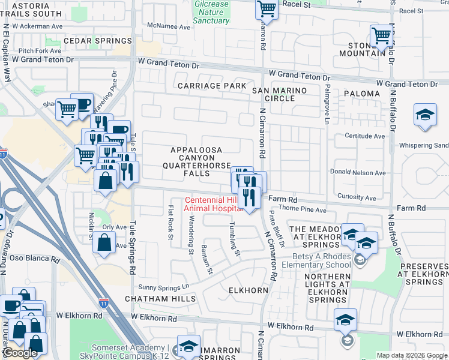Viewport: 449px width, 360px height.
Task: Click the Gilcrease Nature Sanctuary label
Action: pyautogui.click(x=212, y=12)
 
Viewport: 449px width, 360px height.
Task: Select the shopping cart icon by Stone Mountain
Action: pyautogui.click(x=381, y=36)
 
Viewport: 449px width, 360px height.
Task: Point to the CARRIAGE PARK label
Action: pyautogui.click(x=212, y=86)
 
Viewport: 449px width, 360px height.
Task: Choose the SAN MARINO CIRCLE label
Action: pyautogui.click(x=279, y=94)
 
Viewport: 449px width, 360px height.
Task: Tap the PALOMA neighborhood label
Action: pyautogui.click(x=362, y=94)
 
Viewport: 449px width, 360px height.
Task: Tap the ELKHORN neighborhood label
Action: pyautogui.click(x=248, y=290)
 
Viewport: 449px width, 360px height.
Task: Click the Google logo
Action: pyautogui.click(x=20, y=353)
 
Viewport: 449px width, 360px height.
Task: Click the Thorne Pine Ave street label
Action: pyautogui.click(x=303, y=210)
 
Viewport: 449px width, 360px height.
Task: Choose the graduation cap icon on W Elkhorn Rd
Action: pyautogui.click(x=345, y=320)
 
